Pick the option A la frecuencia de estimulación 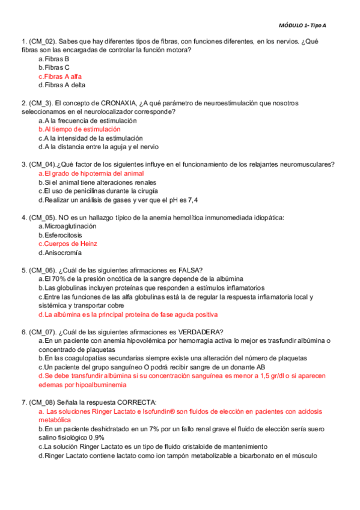click(88, 120)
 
